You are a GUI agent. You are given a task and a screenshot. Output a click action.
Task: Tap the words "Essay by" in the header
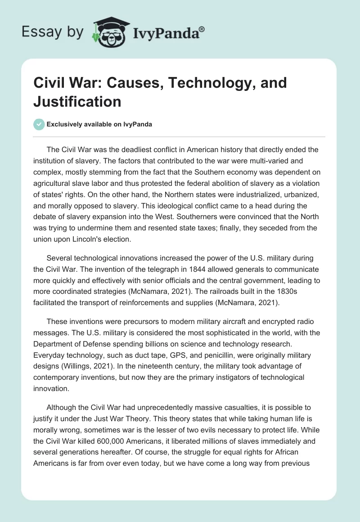53,32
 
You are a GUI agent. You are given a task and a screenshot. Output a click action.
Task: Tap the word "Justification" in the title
77,102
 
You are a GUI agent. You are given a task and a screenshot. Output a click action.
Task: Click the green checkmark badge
39,124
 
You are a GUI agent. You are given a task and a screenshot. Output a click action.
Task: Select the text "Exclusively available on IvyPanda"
99,124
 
